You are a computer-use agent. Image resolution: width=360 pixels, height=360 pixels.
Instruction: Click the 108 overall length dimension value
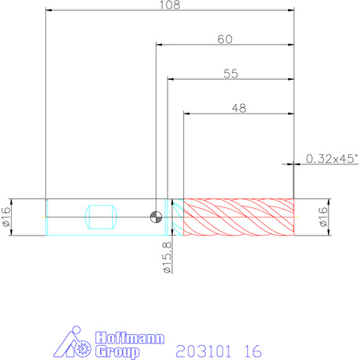[x=170, y=5]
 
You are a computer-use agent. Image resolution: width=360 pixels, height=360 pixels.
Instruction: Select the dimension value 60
[x=225, y=39]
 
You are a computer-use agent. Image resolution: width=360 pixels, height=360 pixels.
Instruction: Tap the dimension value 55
[x=231, y=74]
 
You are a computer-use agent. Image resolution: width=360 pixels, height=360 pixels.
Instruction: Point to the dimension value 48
[x=239, y=108]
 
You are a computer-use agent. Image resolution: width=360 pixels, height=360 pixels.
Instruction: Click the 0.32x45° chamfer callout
[x=332, y=159]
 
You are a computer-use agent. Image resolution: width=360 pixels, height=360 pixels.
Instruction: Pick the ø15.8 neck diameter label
[x=167, y=257]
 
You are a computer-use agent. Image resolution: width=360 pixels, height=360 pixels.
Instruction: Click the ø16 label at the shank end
[x=6, y=217]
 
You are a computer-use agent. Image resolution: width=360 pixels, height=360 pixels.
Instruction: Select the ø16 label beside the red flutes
[x=323, y=217]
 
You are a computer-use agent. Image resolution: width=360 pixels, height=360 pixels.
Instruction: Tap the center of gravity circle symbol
[x=156, y=217]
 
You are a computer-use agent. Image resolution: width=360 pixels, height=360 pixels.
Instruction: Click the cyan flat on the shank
[x=101, y=217]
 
